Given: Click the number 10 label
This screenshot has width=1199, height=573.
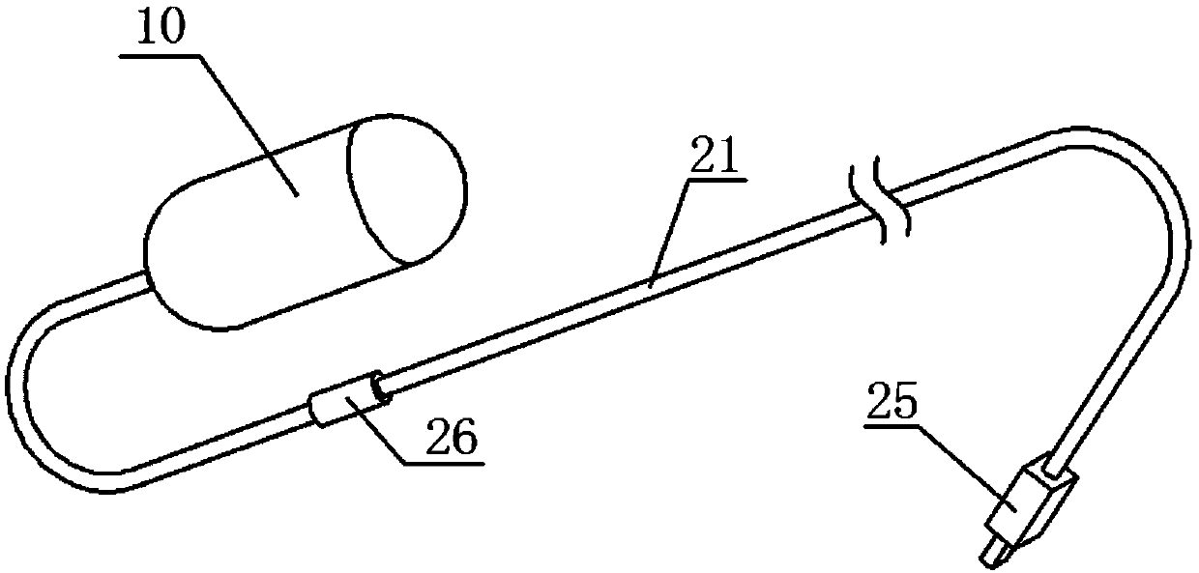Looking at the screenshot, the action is click(160, 31).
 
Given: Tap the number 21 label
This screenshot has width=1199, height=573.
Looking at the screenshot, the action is click(715, 158).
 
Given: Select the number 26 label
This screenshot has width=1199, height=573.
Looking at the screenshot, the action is click(450, 440).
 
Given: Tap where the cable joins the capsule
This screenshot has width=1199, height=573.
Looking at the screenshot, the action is click(151, 280).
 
